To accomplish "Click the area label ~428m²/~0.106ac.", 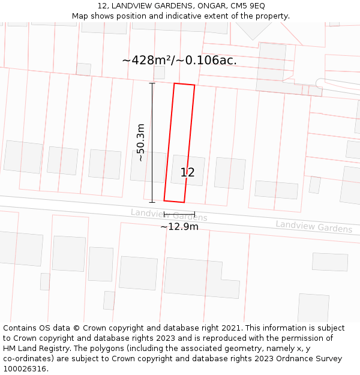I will pos(179,61).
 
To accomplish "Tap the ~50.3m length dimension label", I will pos(140,142).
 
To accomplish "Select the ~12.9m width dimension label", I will pos(179,227).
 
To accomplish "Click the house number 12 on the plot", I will pos(187,173).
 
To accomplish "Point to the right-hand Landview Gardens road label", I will pos(314,227).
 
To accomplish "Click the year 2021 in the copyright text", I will pos(229,328).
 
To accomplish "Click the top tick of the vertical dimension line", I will pos(152,83).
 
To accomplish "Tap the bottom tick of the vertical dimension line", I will pos(152,202).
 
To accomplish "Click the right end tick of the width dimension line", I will pos(194,214).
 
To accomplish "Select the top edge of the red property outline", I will pos(184,85).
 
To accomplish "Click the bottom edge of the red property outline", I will pos(174,201).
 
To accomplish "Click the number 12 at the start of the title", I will pos(100,6).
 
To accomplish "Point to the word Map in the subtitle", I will pos(80,16).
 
